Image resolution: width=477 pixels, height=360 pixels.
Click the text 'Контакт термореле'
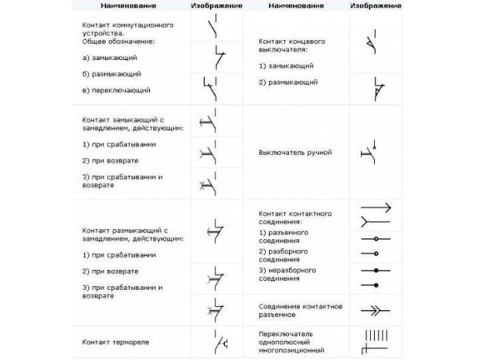[115, 342]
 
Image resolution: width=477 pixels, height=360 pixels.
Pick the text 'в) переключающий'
[116, 90]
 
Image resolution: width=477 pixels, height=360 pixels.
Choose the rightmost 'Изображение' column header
[374, 5]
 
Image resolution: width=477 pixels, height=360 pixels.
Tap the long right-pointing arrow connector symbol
[375, 206]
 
